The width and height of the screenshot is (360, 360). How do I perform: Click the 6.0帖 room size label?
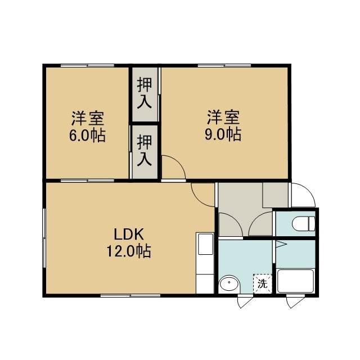pos(88,136)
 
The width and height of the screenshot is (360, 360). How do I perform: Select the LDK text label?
pos(129,235)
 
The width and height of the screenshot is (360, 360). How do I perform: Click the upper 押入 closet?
pos(145,94)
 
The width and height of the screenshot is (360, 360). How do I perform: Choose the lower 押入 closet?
pos(145,152)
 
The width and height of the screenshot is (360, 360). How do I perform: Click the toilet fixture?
pos(303,223)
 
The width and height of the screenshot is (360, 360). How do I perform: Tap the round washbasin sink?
pos(229,284)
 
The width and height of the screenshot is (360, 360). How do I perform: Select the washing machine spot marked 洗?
pos(263,283)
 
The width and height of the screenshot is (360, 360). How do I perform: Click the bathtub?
pos(295,281)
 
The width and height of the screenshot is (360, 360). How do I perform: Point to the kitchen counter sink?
pos(205,244)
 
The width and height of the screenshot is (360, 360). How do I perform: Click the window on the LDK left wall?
pos(44,238)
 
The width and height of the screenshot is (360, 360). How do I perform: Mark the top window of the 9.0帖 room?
pos(224,66)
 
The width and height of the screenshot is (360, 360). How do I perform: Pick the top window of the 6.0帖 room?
pos(88,66)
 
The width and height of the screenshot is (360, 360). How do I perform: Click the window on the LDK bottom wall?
pos(130,295)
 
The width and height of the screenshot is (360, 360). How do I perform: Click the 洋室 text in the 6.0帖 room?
pos(88,118)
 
